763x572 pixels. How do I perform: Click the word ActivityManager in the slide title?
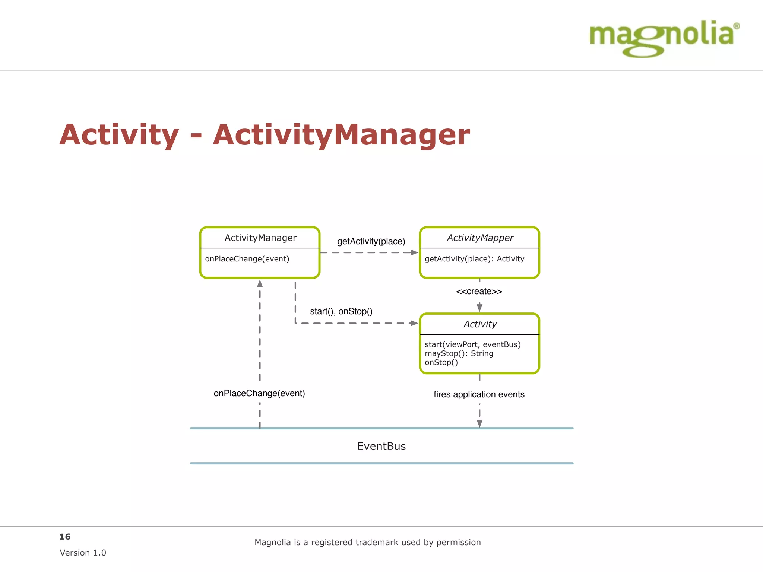click(x=341, y=135)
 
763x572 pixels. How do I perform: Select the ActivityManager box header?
click(x=260, y=238)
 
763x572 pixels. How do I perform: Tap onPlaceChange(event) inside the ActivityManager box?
click(x=247, y=259)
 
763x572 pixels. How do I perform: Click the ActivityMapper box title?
click(x=480, y=238)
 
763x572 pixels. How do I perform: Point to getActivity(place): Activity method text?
click(x=474, y=259)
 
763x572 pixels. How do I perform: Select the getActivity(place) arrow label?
click(x=371, y=241)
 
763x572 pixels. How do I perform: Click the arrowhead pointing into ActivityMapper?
click(x=414, y=252)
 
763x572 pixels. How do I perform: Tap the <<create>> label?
click(x=479, y=291)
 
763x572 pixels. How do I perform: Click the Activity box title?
click(x=480, y=324)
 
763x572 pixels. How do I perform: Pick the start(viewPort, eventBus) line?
click(x=472, y=344)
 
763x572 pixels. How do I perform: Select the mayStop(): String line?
click(x=459, y=353)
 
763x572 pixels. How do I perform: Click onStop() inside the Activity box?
click(x=441, y=362)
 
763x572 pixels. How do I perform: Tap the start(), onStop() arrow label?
click(x=341, y=311)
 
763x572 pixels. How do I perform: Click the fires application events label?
click(x=479, y=394)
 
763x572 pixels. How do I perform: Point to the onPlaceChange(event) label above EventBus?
click(x=259, y=393)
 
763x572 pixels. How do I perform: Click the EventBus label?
click(x=381, y=446)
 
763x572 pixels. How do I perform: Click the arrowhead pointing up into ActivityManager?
click(x=260, y=284)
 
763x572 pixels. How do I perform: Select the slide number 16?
click(x=65, y=537)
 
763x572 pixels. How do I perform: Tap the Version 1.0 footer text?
click(x=83, y=553)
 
